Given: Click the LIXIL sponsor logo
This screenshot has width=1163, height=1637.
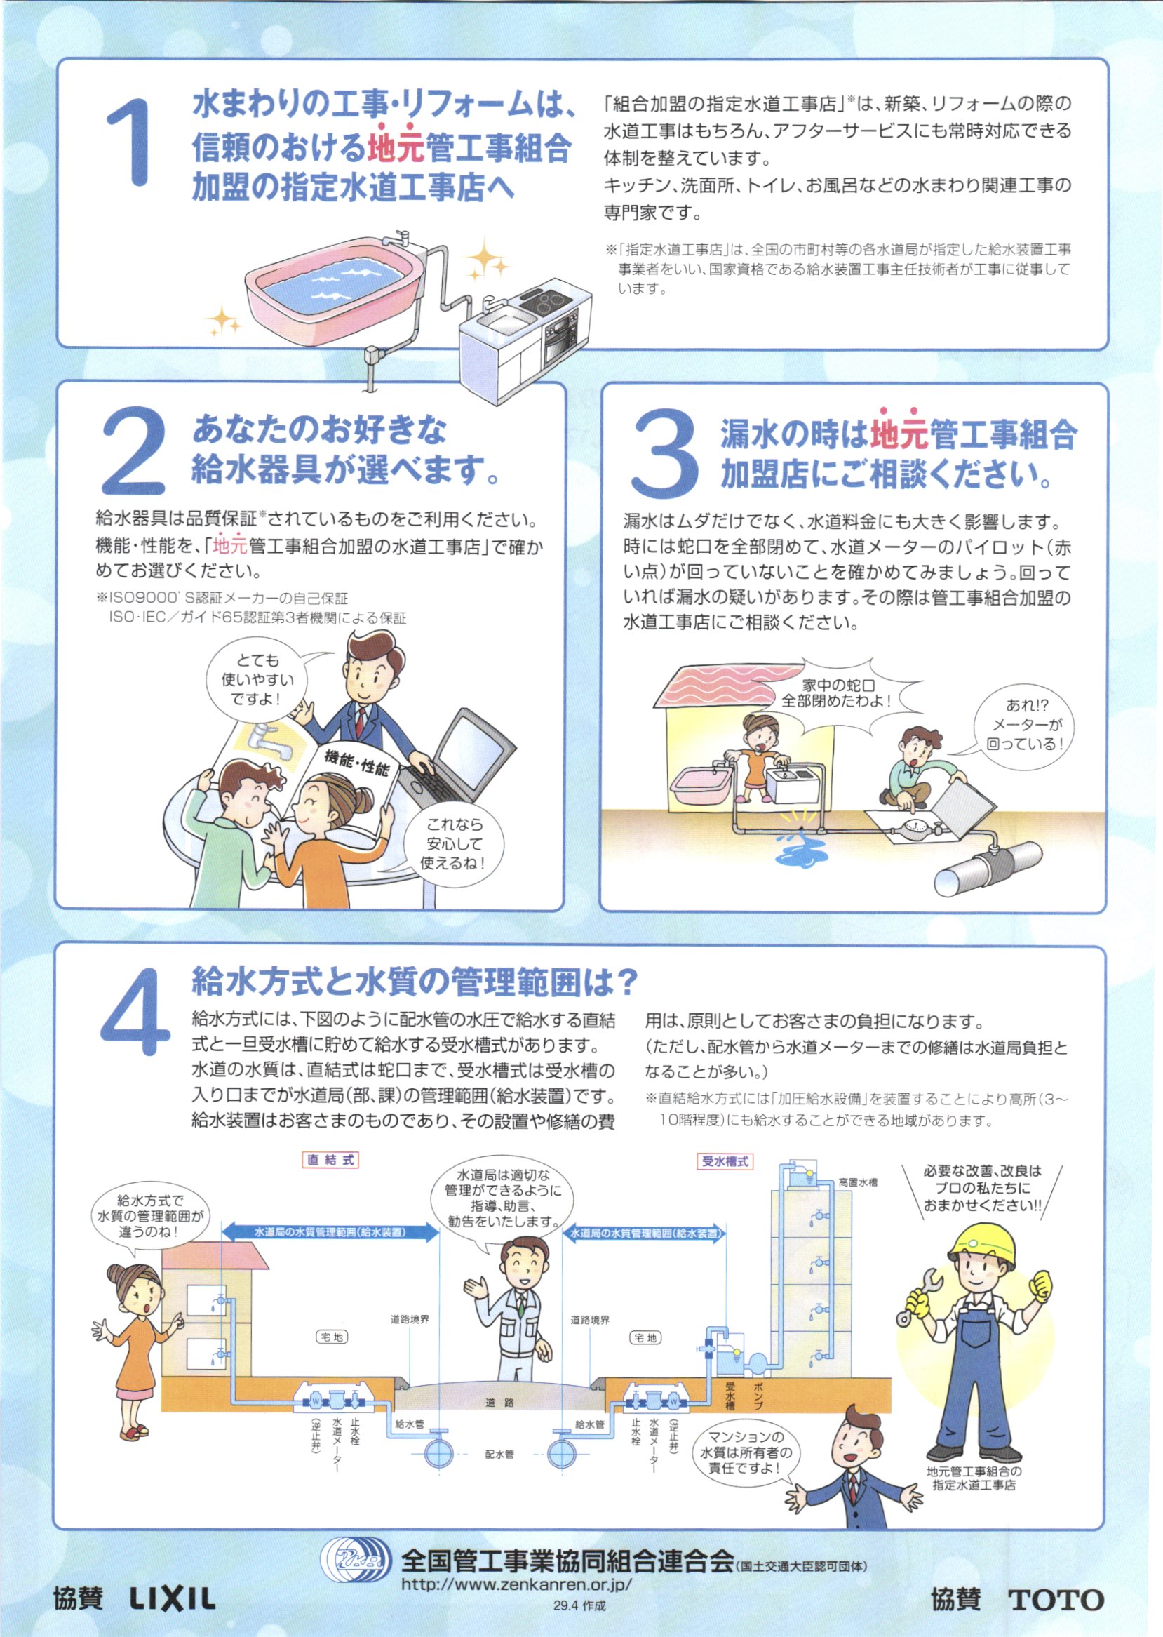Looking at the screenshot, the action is click(172, 1598).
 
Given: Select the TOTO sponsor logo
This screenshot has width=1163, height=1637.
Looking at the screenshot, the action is click(1056, 1600).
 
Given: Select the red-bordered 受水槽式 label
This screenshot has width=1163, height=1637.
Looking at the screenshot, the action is click(725, 1161).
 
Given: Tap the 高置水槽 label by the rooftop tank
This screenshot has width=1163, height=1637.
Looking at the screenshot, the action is click(857, 1182).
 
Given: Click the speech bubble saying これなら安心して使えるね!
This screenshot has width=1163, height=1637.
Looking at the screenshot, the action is click(454, 844).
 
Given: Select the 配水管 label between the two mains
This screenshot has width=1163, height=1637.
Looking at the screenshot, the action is click(499, 1455).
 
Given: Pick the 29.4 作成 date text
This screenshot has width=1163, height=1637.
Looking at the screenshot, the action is click(579, 1606).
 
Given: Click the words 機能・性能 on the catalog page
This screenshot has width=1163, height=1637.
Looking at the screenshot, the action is click(356, 762).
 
